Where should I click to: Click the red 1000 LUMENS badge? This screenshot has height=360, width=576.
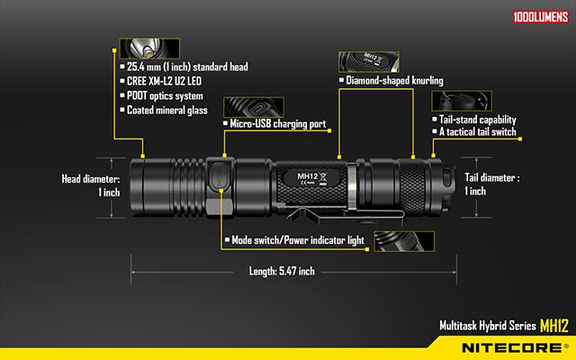coord(541,17)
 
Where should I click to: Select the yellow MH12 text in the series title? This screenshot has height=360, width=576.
coord(554,326)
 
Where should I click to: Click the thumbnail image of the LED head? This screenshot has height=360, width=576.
coord(149,49)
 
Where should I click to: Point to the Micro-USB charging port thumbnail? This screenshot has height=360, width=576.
coord(254,107)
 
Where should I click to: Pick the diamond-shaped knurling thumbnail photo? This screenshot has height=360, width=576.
coord(369,62)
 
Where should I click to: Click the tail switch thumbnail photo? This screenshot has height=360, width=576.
coord(462,101)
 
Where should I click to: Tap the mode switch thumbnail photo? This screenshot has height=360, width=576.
coord(404,241)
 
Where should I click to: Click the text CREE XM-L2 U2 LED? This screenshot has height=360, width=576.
coord(164,81)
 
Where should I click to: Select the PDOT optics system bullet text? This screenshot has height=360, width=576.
coord(165,96)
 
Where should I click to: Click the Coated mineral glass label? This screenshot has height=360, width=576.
coord(167,110)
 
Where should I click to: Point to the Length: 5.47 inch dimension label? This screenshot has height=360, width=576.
coord(282,272)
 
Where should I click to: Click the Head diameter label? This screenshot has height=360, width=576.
coord(91,185)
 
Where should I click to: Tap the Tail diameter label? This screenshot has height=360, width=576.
coord(492,184)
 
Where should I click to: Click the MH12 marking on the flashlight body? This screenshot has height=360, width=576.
coord(308,176)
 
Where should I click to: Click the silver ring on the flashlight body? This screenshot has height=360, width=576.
coord(352,187)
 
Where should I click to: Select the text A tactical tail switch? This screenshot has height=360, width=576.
coord(478,132)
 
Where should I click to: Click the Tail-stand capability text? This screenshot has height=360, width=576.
coord(478,120)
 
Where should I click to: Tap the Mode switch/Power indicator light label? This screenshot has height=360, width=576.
coord(298,240)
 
